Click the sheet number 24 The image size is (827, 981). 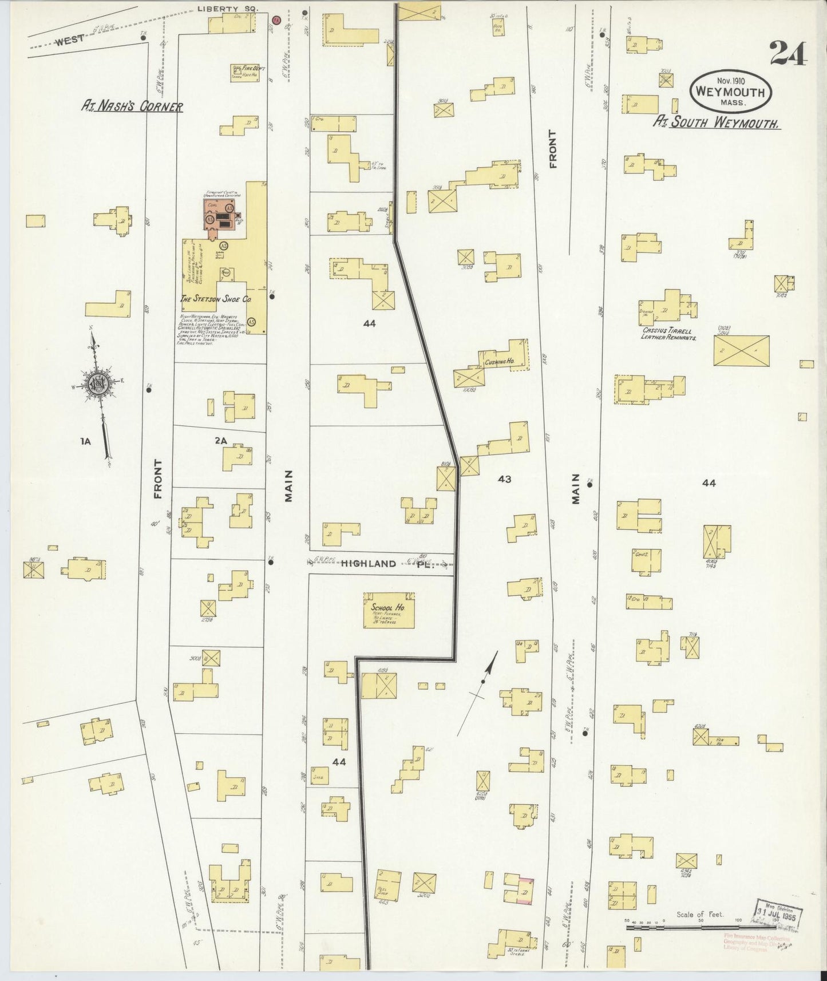coord(788,54)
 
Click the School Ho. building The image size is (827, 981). coord(389,610)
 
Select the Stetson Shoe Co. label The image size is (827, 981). coord(216,299)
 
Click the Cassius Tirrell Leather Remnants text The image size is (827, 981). coord(667,334)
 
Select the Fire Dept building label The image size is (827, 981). coord(248,68)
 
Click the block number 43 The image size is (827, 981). coord(504,479)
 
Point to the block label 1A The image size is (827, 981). coord(86,441)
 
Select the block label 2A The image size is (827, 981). coord(221,441)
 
